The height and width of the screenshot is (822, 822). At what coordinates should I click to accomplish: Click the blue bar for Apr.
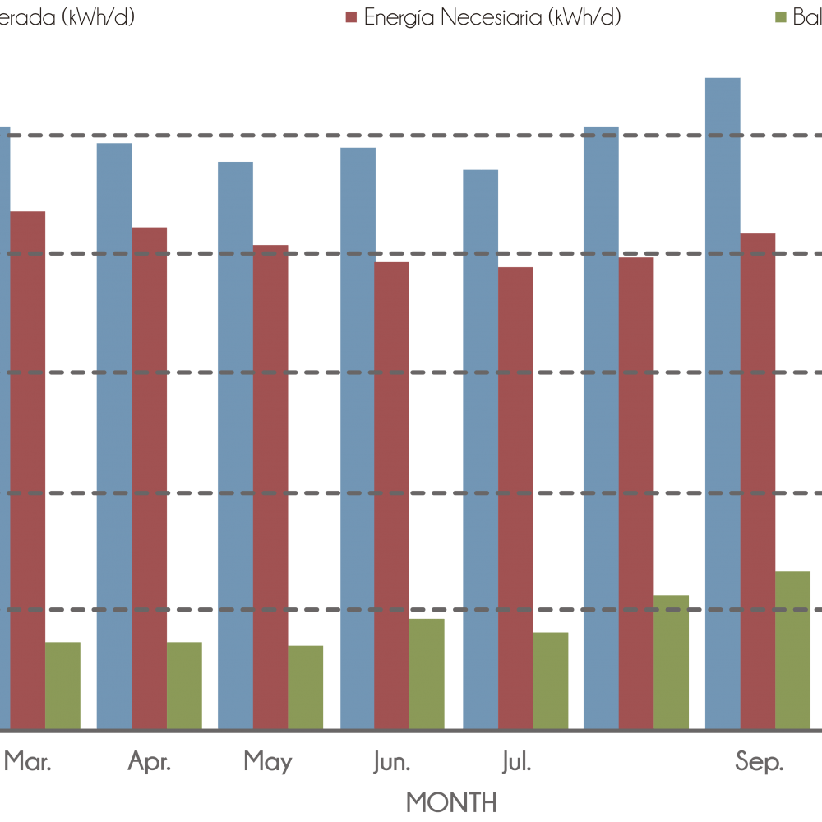114,436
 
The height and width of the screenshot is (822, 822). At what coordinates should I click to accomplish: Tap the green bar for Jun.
427,673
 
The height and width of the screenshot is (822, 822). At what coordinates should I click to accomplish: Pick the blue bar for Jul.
481,449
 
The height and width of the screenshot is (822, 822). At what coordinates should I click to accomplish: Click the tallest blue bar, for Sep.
723,403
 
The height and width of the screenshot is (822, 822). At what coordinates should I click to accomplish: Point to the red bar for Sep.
758,481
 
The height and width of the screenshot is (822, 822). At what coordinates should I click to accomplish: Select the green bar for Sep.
793,650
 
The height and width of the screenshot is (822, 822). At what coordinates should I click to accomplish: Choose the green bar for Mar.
62,685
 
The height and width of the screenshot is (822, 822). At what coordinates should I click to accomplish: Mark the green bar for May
306,686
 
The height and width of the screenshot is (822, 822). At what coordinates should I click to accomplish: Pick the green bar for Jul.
551,680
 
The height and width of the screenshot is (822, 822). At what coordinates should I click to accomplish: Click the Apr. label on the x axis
150,763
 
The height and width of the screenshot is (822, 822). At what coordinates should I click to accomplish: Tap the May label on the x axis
268,763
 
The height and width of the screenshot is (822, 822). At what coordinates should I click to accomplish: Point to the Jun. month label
391,763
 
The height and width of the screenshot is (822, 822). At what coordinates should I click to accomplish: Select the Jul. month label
516,763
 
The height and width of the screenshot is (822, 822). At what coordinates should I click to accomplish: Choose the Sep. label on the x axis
759,763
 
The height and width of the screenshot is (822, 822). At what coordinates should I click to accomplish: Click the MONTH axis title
451,801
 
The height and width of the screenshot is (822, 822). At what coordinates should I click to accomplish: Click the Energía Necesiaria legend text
492,17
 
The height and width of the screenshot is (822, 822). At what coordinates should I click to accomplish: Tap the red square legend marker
351,17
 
